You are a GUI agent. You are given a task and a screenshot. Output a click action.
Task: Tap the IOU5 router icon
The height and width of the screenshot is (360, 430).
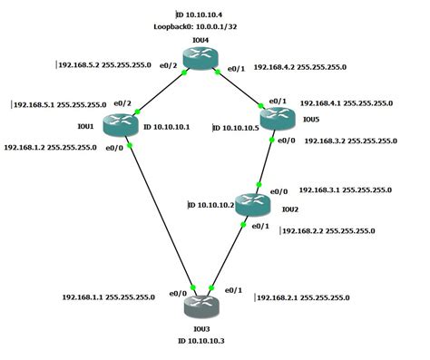coord(277,118)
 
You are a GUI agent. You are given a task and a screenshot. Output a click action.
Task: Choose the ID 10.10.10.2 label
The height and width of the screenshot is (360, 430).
coord(210,206)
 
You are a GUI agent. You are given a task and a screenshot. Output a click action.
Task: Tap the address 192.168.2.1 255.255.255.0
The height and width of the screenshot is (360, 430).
coord(302,297)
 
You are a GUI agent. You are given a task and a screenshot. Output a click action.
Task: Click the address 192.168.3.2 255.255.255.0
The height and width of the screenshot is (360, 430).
coord(351,141)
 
